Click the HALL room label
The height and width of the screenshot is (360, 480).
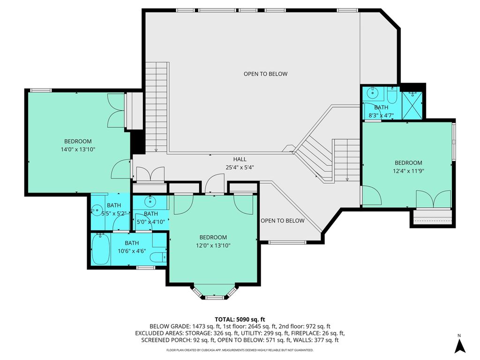click(x=240, y=159)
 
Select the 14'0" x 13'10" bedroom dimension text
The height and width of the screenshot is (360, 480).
click(x=78, y=150)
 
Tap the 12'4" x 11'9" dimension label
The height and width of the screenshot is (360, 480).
click(x=408, y=171)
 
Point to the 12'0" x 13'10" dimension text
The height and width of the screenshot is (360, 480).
click(x=213, y=246)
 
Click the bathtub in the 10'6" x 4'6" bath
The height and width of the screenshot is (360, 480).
click(x=101, y=249)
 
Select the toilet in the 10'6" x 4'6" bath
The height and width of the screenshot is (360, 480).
click(x=159, y=257)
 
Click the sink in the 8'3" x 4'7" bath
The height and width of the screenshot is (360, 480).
click(x=373, y=92)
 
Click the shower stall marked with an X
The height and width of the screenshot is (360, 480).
click(x=412, y=105)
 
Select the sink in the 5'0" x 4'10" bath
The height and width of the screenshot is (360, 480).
click(x=150, y=201)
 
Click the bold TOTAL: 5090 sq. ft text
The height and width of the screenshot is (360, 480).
click(x=240, y=320)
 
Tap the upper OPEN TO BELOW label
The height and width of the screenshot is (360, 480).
click(x=265, y=74)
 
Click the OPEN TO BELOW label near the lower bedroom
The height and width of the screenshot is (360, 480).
click(x=283, y=221)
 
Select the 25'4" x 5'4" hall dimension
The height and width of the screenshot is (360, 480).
click(x=240, y=167)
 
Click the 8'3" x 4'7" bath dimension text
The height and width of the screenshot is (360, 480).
click(x=381, y=116)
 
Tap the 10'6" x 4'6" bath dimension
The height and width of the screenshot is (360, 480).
click(x=132, y=251)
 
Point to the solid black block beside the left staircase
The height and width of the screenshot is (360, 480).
click(x=138, y=142)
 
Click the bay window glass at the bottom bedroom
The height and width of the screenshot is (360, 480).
click(x=215, y=297)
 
